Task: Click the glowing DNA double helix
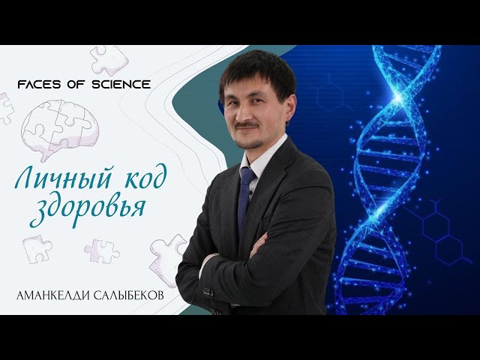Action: pyautogui.click(x=390, y=180)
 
